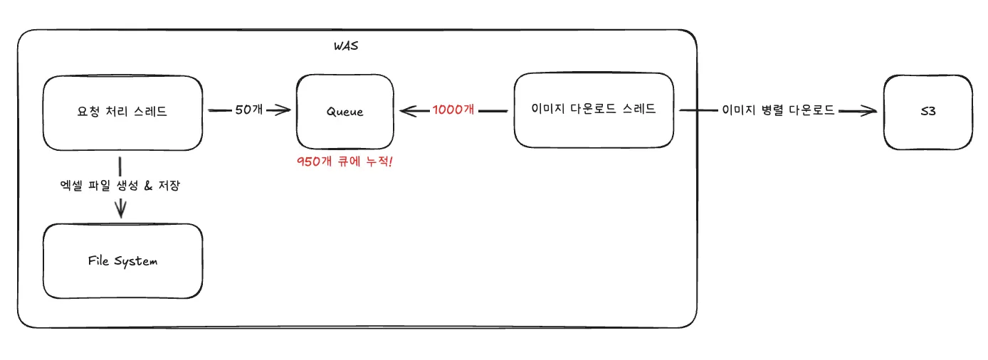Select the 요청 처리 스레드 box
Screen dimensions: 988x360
[x=122, y=113]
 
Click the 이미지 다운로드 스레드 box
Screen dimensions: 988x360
[x=594, y=110]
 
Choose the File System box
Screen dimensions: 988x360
[x=122, y=261]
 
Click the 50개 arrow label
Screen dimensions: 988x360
[x=248, y=110]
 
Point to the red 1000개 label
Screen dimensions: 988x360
[x=453, y=110]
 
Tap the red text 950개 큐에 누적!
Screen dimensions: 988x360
[x=345, y=162]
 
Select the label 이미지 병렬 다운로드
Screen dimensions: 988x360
[x=778, y=110]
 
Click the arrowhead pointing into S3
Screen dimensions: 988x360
[x=867, y=110]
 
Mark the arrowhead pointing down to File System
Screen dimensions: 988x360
[x=121, y=209]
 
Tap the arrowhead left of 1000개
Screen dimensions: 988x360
[x=408, y=110]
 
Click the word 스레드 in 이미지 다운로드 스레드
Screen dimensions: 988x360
[x=640, y=110]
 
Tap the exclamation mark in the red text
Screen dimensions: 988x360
[x=391, y=162]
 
